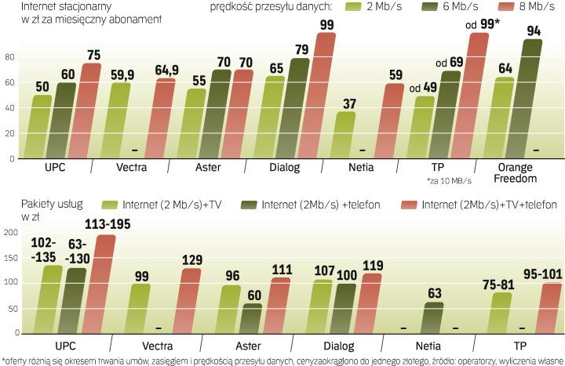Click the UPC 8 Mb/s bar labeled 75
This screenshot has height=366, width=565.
point(91,110)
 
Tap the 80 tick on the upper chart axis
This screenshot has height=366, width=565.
point(10,57)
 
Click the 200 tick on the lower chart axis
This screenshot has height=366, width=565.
point(10,233)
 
